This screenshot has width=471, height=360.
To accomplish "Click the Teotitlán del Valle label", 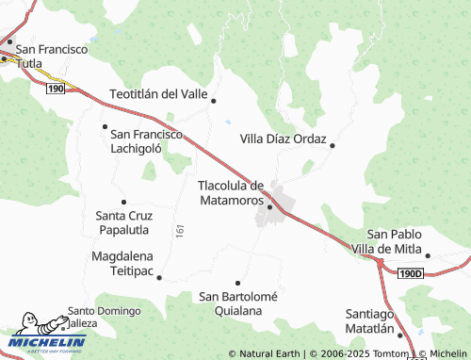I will (x=158, y=93).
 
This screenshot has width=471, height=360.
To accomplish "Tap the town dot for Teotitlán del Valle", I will (x=214, y=101).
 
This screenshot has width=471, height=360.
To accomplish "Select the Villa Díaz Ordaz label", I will (x=283, y=139).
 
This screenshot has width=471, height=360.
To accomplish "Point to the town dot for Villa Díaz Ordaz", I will (x=333, y=145).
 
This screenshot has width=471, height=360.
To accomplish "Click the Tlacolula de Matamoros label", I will (x=231, y=193).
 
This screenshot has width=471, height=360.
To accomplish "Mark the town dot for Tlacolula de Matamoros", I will (x=269, y=206).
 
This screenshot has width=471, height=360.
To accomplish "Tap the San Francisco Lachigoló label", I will (x=146, y=141).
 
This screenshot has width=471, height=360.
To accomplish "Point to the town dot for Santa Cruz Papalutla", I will (x=123, y=201).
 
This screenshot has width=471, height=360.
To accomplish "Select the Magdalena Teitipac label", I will (x=129, y=262).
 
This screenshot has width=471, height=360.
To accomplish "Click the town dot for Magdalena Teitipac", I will (x=159, y=277).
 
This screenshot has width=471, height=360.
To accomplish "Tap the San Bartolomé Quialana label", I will (x=238, y=303).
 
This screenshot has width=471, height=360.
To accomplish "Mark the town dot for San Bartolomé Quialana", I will (x=238, y=283).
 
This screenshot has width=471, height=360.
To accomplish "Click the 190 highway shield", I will (x=53, y=87).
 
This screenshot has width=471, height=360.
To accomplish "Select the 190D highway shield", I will (x=411, y=273).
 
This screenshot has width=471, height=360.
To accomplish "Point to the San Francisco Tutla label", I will (x=52, y=55).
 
